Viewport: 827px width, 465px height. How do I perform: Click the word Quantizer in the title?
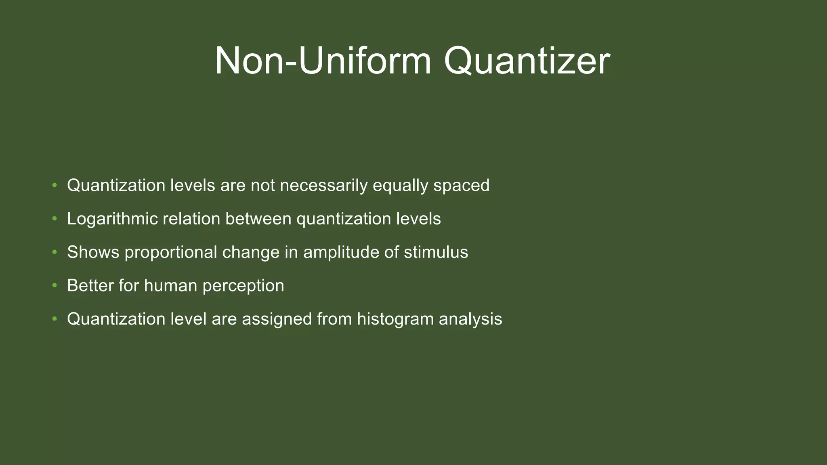pyautogui.click(x=527, y=61)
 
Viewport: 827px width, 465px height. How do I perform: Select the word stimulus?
pyautogui.click(x=436, y=253)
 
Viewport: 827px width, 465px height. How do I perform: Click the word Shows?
pyautogui.click(x=93, y=253)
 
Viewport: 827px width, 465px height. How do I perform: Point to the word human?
pyautogui.click(x=170, y=286)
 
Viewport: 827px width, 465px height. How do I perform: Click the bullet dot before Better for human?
pyautogui.click(x=55, y=286)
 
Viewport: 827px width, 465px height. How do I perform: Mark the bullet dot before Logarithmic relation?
pyautogui.click(x=55, y=219)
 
